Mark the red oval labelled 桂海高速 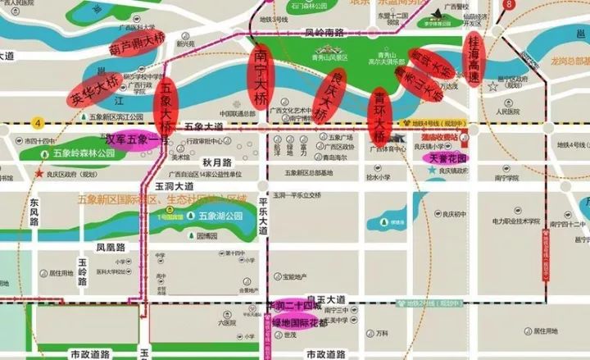coord(475,56)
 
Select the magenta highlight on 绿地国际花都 coord(300,322)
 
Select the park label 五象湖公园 coord(220,217)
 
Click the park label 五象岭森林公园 coord(83,153)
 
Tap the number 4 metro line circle coord(37,123)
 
